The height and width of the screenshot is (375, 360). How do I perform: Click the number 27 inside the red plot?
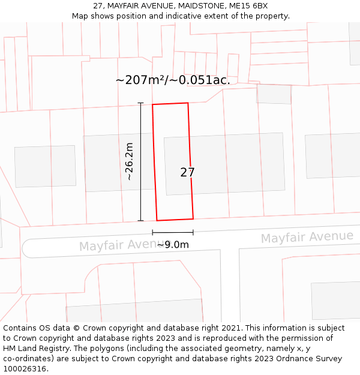187,172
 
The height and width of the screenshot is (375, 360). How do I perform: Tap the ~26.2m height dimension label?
129,161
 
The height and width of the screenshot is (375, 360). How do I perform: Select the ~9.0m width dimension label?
173,244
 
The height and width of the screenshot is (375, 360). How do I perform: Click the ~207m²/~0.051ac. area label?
173,80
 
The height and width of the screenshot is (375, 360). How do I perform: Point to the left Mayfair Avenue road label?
118,245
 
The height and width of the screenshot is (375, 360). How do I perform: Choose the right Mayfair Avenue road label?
307,237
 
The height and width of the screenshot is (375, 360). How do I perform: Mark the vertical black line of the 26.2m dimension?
141,161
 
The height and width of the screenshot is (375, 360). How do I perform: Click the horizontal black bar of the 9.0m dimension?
173,232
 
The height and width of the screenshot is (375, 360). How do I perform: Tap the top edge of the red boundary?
170,104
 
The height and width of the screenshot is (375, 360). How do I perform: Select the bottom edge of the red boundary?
175,220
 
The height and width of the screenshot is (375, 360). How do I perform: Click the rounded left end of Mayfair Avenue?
25,248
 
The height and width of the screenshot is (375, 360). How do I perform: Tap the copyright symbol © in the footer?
76,328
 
